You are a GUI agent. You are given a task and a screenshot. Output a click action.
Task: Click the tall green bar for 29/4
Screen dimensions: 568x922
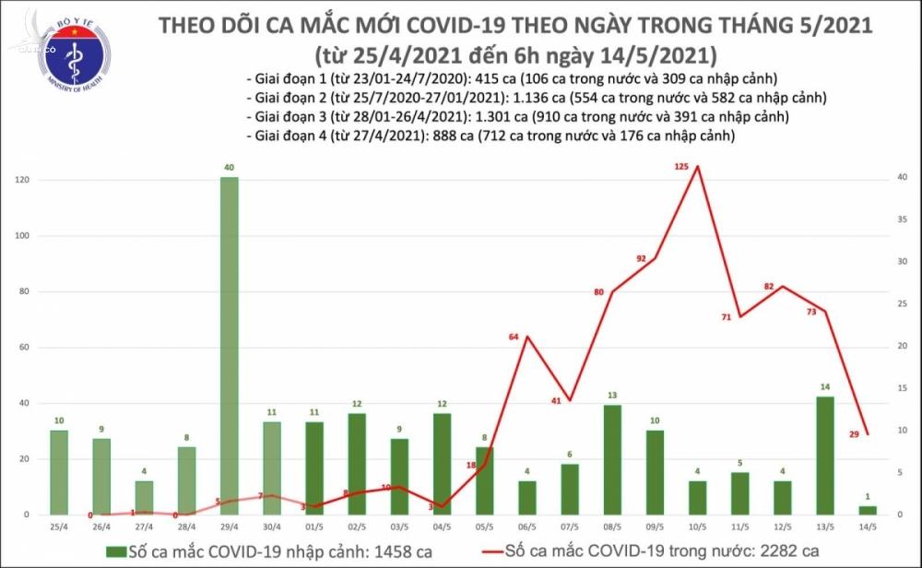230,346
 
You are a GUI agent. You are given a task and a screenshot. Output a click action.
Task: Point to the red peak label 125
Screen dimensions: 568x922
681,166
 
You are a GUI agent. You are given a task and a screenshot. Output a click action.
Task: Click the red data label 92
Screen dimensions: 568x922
641,258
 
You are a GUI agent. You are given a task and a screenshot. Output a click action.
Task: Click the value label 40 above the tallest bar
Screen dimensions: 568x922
230,169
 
